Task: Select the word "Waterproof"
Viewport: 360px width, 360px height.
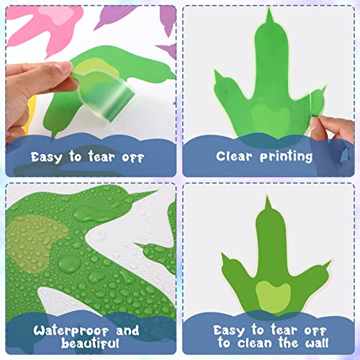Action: [x=66, y=331]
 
